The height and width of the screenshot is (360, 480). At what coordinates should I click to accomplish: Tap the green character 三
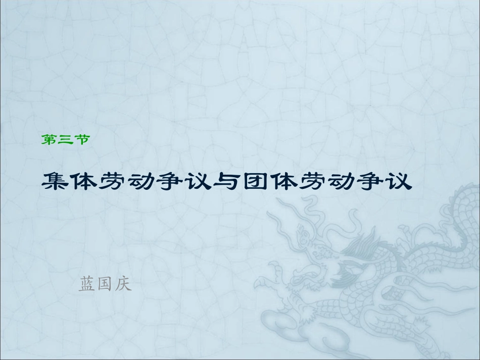pyautogui.click(x=66, y=140)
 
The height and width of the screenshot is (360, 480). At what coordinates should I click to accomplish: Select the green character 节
pyautogui.click(x=82, y=140)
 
